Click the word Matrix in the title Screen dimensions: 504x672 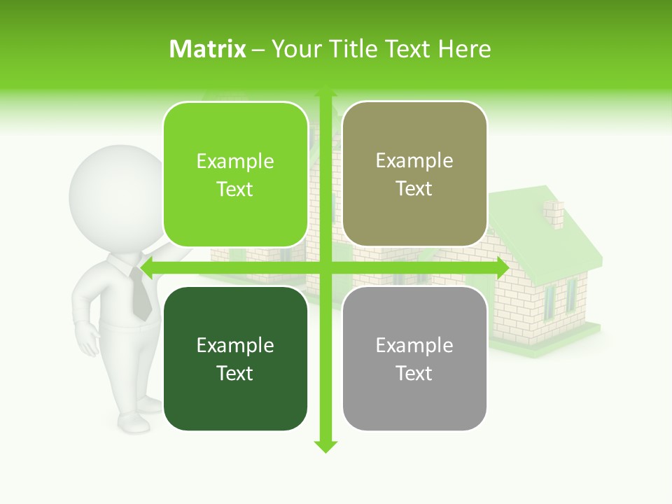point(208,49)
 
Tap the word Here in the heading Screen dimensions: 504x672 point(465,49)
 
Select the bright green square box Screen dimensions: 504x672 point(235,174)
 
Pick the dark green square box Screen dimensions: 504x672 point(235,358)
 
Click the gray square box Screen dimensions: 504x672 point(414,358)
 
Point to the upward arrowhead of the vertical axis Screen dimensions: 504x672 point(325,91)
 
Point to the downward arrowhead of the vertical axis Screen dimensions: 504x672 point(325,446)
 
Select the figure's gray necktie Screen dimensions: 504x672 point(140,294)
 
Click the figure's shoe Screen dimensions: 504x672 point(133,422)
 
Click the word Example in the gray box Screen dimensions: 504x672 point(414,345)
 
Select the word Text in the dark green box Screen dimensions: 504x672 point(235,373)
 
